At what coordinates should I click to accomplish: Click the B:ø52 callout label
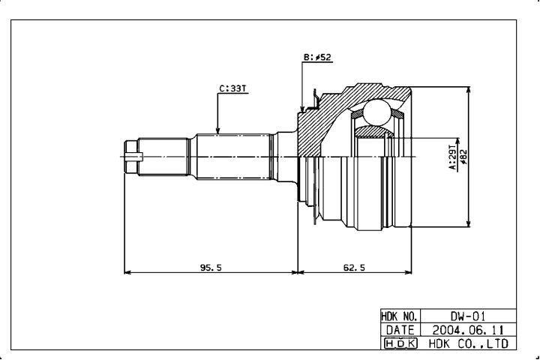point(317,57)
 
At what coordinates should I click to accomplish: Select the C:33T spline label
point(233,88)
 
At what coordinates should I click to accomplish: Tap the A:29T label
point(452,157)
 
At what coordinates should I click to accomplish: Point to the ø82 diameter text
point(463,157)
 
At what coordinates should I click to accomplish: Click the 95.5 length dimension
point(211,267)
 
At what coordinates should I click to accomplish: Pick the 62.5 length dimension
point(354,267)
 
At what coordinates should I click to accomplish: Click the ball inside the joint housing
point(377,112)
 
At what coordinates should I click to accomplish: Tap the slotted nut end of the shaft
point(131,157)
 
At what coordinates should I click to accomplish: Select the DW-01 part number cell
point(468,316)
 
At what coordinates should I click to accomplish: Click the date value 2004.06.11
point(468,330)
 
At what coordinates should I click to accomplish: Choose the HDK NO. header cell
point(400,316)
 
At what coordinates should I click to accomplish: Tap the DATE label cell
point(400,330)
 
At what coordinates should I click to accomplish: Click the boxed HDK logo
point(400,343)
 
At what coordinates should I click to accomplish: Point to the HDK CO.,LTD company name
point(468,343)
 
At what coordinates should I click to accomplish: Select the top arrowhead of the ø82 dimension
point(468,91)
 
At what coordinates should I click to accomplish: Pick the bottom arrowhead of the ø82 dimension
point(468,223)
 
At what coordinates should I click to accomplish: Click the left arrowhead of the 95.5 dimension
point(127,272)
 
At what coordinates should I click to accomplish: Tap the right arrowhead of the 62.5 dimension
point(408,272)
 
